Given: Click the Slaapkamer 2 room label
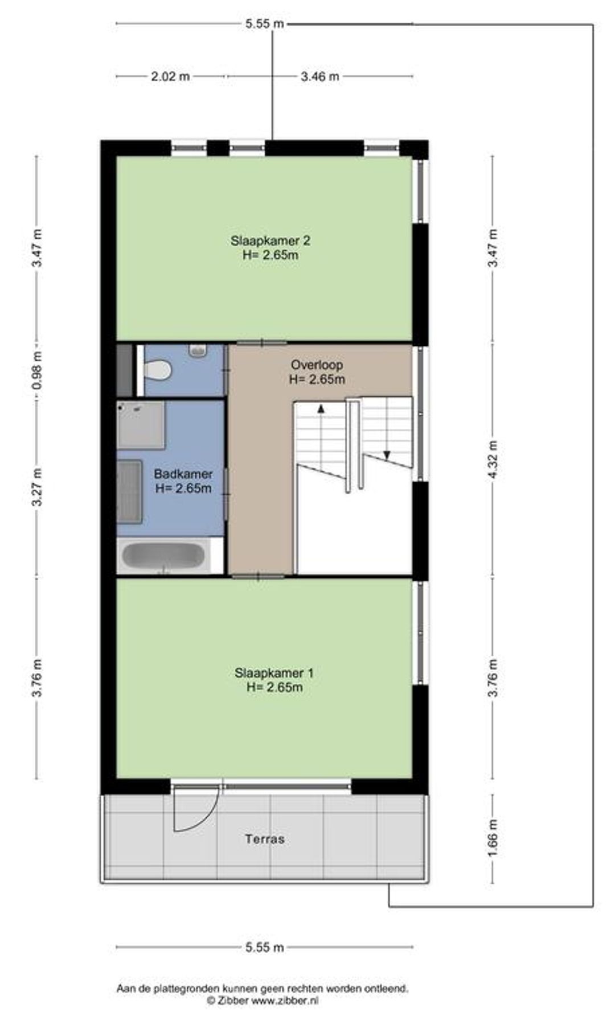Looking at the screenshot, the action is [270, 241].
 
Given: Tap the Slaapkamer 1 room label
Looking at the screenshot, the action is [274, 673].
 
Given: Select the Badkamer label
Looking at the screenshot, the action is [183, 474].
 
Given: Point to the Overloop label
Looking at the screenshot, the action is [317, 365].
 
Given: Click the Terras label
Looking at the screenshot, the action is [265, 839].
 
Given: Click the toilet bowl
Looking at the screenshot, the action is [158, 370].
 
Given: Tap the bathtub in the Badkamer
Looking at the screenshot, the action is [163, 556].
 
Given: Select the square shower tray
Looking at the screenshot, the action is [141, 424].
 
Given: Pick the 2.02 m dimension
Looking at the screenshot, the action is [170, 76].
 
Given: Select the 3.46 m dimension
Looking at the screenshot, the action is [320, 76].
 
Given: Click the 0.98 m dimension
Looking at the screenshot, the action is [38, 370].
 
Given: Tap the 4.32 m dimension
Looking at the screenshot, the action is [493, 460].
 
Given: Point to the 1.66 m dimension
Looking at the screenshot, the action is [493, 838].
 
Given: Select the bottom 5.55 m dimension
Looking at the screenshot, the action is [264, 948].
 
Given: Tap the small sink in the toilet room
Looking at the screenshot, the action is [198, 350].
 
